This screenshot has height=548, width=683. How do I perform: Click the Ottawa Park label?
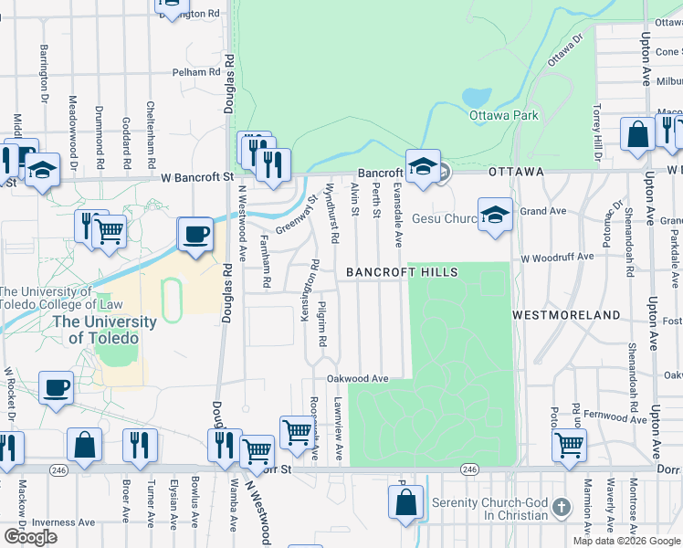(503, 115)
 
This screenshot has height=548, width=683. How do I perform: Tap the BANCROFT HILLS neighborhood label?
(401, 272)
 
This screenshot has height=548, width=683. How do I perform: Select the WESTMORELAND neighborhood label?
(566, 314)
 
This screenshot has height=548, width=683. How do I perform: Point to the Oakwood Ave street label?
(359, 378)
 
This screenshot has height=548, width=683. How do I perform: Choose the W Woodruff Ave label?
(557, 258)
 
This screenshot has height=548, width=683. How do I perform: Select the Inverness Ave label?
(64, 522)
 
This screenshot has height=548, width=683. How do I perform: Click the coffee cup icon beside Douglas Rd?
(194, 234)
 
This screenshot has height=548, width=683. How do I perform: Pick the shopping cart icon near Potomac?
(569, 445)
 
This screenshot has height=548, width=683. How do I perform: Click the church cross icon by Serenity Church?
(561, 506)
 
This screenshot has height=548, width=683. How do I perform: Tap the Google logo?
(29, 536)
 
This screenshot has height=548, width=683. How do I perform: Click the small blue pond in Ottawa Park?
(477, 96)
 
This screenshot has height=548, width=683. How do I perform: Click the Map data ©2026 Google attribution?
(625, 541)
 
